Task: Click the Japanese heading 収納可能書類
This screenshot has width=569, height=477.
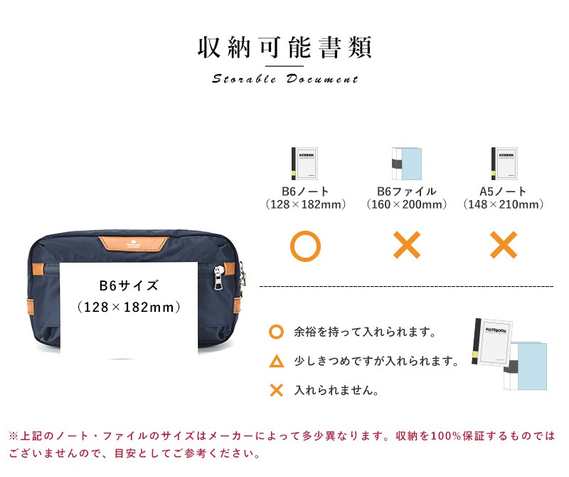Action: click(284, 47)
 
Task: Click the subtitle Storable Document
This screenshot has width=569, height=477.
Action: click(285, 79)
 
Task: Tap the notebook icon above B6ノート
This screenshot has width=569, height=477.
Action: click(305, 164)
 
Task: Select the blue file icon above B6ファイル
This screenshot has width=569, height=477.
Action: click(407, 164)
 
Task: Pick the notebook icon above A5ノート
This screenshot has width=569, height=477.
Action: click(504, 164)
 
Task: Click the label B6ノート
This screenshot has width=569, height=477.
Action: click(305, 191)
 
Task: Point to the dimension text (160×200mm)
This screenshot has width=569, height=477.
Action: click(407, 204)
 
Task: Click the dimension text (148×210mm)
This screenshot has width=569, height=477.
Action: click(504, 204)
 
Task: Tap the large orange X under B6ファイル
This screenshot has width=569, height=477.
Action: click(407, 245)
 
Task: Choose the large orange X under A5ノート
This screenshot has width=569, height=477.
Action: click(504, 245)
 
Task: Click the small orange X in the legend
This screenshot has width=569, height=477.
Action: click(277, 390)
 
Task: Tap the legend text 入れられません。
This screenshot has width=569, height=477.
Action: click(336, 390)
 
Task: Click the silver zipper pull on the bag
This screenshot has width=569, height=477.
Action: click(218, 278)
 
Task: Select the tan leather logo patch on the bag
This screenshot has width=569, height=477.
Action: click(134, 243)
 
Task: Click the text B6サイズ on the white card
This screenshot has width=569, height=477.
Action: click(129, 285)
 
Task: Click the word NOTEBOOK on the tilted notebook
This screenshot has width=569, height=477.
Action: click(496, 330)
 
